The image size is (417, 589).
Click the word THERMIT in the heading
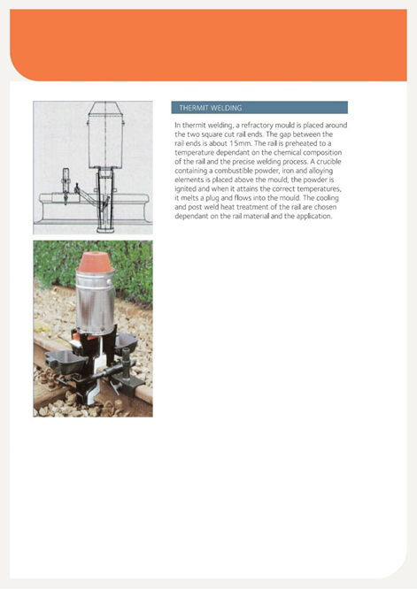(x=194, y=108)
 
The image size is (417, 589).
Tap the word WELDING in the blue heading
(x=226, y=108)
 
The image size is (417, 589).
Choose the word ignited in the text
(x=185, y=189)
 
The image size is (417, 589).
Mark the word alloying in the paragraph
(x=321, y=171)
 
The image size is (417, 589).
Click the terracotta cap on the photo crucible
(x=96, y=262)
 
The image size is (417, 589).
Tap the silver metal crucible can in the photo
(x=95, y=302)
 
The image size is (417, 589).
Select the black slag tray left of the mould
(x=66, y=361)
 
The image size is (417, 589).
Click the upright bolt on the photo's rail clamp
(x=126, y=361)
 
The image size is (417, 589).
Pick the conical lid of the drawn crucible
(x=105, y=108)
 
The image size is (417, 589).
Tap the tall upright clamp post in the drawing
(x=66, y=185)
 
